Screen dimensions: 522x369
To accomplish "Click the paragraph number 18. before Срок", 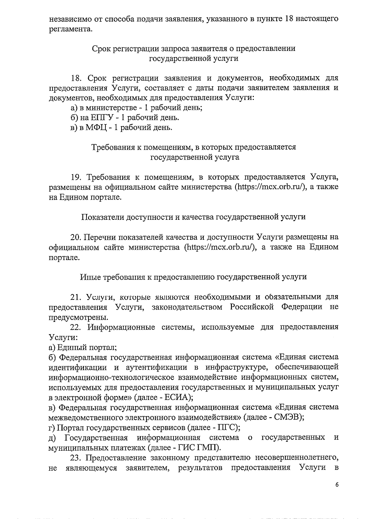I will click(76, 78).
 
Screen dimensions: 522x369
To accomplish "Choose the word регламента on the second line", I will click(70, 29).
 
